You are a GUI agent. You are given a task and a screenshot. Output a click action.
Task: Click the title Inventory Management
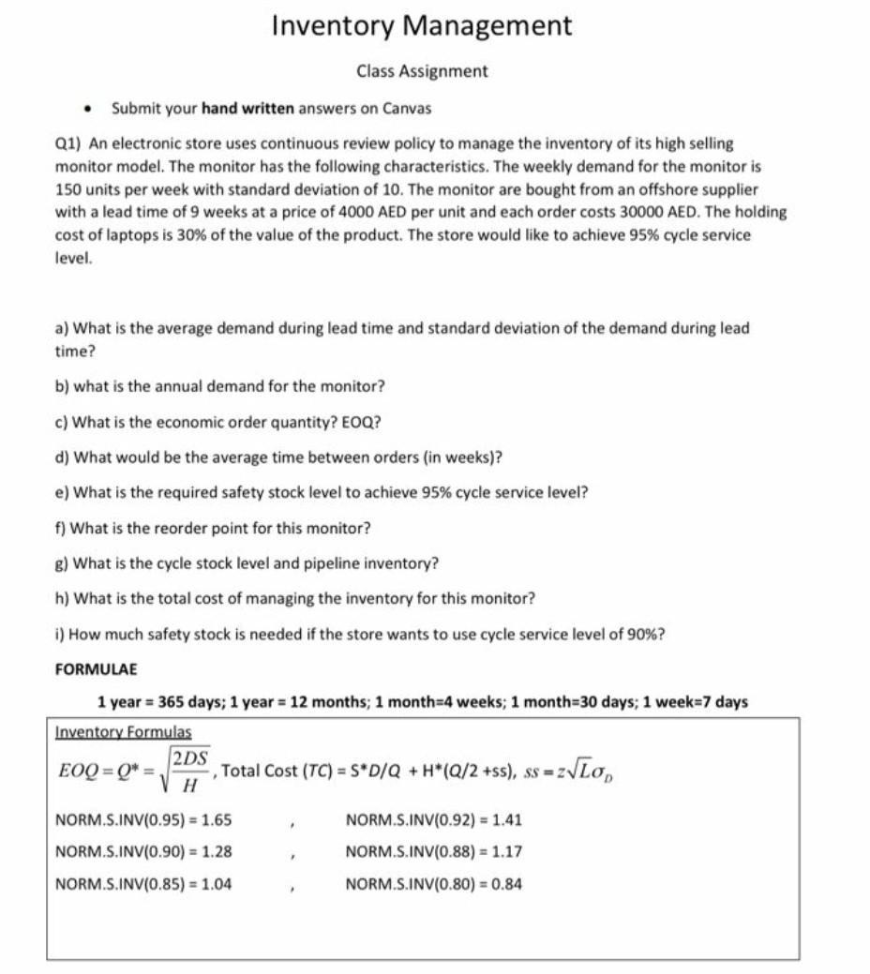(421, 26)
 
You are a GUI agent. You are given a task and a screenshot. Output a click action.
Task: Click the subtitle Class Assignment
(421, 71)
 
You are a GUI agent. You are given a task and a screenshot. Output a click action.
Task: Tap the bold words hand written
(247, 109)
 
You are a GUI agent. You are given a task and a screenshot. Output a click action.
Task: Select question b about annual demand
(219, 386)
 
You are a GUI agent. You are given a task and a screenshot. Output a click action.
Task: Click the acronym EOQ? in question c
(364, 422)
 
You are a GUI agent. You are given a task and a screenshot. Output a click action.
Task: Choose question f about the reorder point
(213, 528)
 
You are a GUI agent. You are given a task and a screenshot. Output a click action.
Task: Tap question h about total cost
(295, 598)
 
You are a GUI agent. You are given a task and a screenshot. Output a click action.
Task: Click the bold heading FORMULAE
(96, 669)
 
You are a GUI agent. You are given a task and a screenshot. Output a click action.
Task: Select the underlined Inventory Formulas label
(123, 731)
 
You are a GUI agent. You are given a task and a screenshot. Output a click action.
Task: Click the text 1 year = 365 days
(158, 701)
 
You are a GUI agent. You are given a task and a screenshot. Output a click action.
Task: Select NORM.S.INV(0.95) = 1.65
(143, 820)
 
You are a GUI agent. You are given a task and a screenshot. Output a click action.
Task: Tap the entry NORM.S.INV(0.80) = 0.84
(434, 883)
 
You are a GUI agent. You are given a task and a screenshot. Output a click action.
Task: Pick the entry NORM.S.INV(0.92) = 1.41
(434, 820)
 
